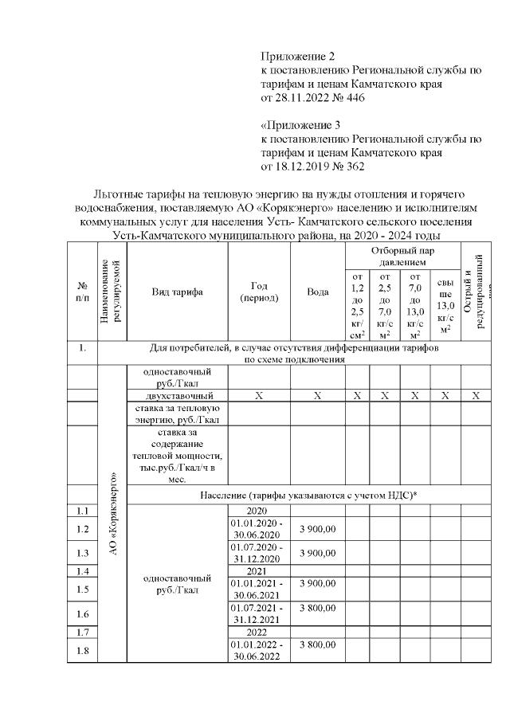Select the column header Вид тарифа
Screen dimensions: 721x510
(177, 292)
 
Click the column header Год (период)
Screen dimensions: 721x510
(259, 292)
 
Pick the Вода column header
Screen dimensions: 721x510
(317, 292)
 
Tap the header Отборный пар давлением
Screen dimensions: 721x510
(402, 255)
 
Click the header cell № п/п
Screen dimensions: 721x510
(82, 292)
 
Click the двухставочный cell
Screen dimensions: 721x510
(178, 395)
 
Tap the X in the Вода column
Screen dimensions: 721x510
(317, 395)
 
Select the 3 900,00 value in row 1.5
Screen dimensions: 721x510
(317, 584)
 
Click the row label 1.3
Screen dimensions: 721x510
(82, 553)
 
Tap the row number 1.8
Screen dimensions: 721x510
(82, 650)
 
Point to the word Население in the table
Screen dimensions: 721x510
(229, 496)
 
